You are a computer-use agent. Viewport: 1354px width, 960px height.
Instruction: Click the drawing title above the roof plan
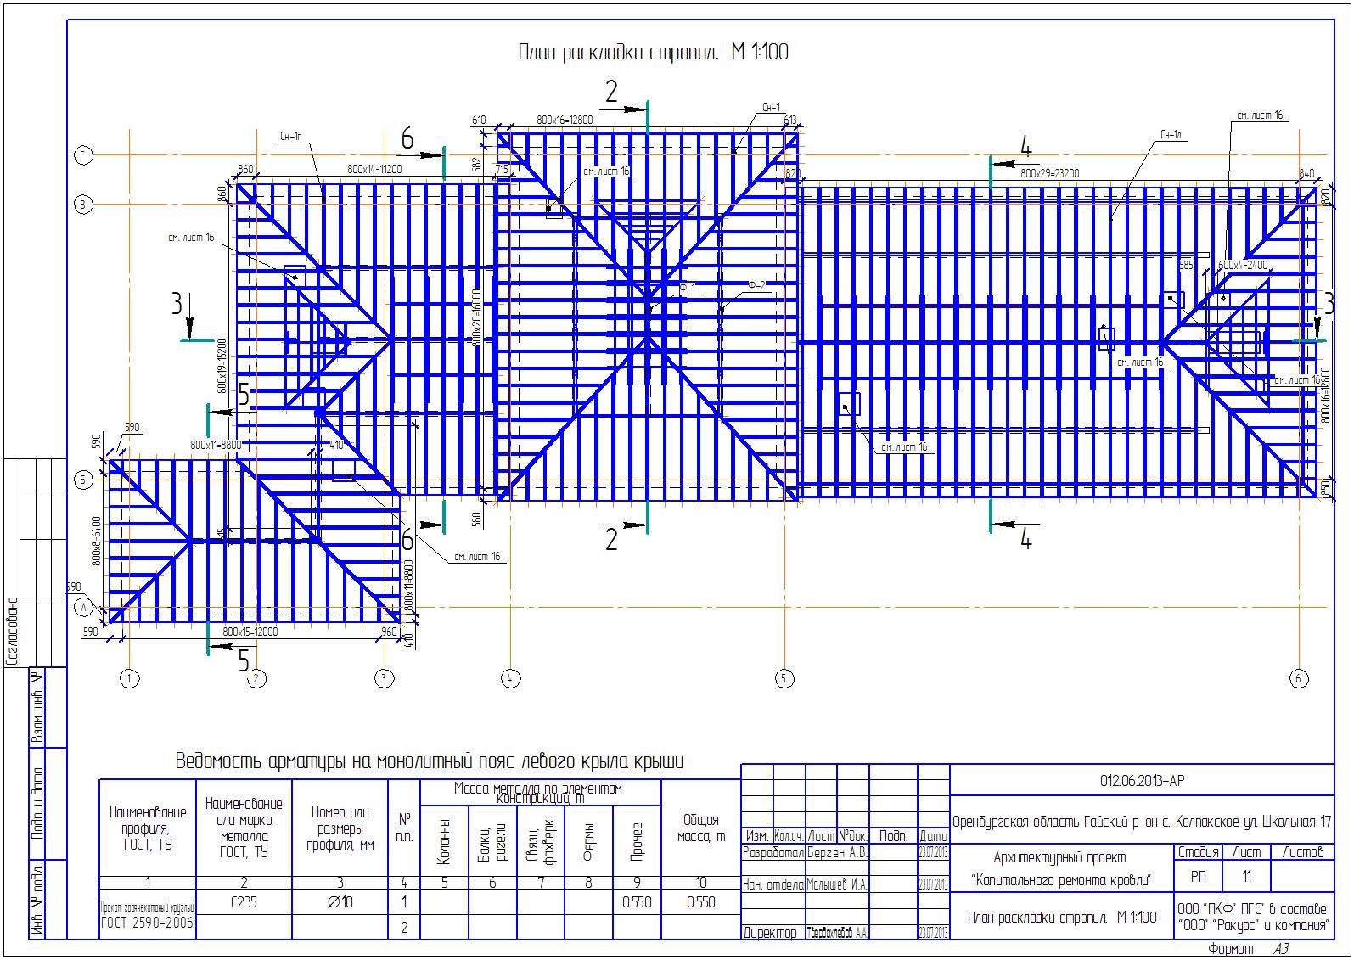653,53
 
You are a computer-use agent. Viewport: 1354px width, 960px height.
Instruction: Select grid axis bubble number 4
510,678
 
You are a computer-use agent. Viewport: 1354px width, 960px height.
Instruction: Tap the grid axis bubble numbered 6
1298,678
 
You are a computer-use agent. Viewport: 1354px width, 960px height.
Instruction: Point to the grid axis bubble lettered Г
83,154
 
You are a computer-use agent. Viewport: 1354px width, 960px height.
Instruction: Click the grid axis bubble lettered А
83,607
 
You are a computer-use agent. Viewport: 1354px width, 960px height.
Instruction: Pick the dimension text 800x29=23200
1049,173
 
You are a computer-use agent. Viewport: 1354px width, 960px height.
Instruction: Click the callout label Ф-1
686,288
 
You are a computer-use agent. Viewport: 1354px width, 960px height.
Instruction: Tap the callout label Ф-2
756,286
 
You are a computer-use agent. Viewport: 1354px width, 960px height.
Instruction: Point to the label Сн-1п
289,136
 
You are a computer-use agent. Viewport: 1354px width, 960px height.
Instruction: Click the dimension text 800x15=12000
250,632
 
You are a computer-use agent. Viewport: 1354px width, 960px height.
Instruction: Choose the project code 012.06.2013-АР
1141,781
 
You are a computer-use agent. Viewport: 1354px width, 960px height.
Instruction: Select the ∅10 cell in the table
340,902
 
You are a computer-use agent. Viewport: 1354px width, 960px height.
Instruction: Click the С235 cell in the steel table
244,902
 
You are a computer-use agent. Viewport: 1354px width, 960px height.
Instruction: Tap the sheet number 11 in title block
1246,877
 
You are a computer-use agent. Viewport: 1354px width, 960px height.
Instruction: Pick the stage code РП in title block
1198,877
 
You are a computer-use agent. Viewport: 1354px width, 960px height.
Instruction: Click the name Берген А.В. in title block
837,852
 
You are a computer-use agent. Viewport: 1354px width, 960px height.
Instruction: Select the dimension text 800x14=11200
374,169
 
